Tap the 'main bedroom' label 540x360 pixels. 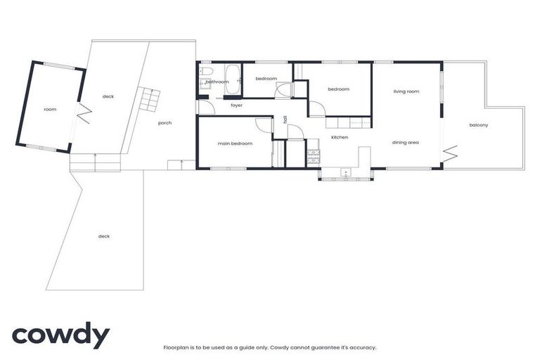click(235, 143)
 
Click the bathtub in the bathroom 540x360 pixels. click(233, 78)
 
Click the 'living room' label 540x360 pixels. click(406, 91)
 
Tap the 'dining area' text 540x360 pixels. click(406, 143)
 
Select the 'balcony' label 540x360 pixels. click(478, 125)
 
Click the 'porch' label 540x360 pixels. click(165, 123)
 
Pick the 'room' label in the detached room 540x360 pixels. click(50, 109)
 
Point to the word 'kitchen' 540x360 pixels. click(340, 136)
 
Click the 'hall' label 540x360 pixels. click(285, 120)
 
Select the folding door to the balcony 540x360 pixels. click(450, 152)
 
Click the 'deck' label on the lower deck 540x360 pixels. click(104, 236)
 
